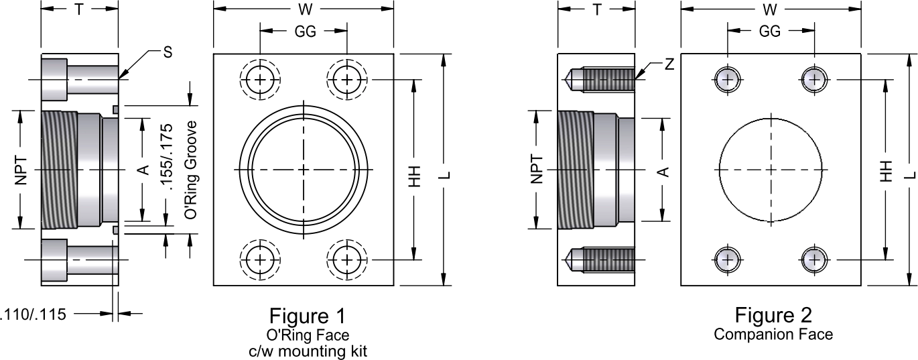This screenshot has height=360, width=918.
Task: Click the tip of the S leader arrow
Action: (119, 78)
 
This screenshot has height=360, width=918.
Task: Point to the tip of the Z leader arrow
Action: (635, 78)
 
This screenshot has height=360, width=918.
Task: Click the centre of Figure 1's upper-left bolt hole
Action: (260, 79)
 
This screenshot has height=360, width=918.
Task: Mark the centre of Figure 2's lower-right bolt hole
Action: (814, 259)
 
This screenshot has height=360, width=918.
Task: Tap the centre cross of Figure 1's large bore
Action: (304, 170)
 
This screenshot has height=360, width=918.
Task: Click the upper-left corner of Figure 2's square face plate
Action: (681, 54)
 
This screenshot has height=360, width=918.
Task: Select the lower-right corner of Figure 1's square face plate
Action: (393, 286)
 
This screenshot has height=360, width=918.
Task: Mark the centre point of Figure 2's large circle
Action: (771, 170)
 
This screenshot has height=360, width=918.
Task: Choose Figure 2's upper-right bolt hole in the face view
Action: (814, 79)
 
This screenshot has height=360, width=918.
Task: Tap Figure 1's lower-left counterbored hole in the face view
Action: (260, 260)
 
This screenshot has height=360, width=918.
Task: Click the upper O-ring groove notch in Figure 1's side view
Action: (115, 109)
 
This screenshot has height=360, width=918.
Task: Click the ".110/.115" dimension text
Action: (33, 314)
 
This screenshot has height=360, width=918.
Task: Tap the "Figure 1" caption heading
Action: (308, 316)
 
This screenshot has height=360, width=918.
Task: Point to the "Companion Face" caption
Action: (773, 334)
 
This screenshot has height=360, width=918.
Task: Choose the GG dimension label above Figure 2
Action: (770, 31)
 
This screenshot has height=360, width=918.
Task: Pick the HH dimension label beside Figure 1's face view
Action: (415, 176)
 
